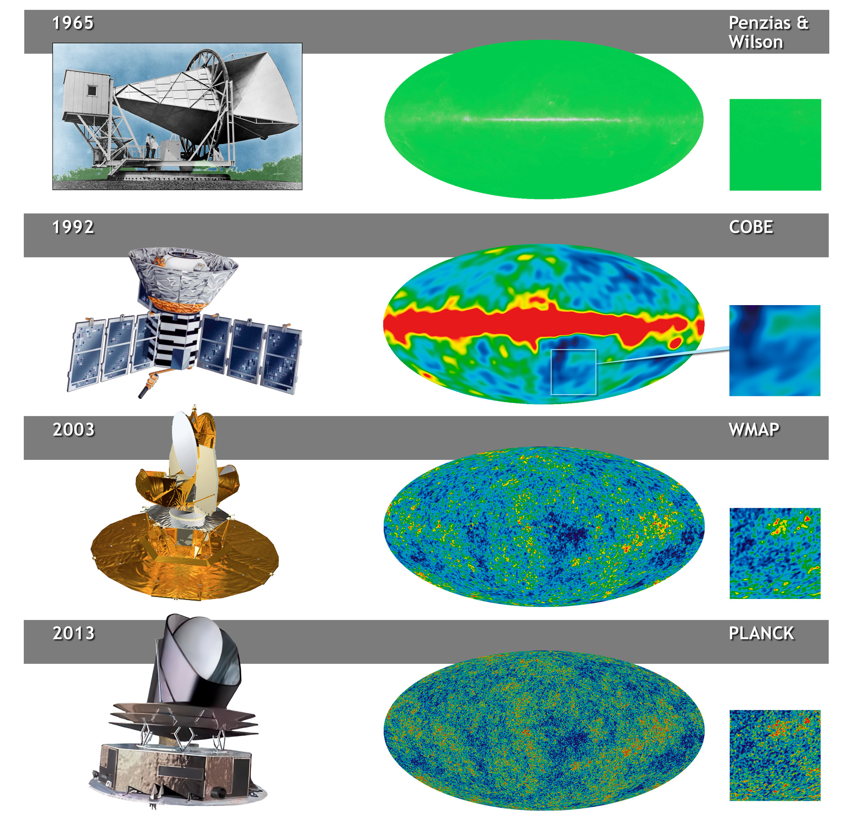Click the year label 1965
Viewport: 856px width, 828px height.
[x=73, y=23]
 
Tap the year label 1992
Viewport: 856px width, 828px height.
[x=73, y=227]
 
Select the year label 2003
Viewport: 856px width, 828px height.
[x=74, y=430]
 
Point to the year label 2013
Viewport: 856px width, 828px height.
[x=74, y=633]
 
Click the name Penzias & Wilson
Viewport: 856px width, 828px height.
[x=769, y=33]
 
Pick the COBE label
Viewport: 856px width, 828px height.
[x=751, y=227]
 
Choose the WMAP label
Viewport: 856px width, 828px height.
[x=754, y=430]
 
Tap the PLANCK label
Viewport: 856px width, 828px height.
[x=761, y=633]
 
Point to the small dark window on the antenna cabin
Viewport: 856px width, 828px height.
[x=92, y=90]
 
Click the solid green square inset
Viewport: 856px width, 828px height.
[x=775, y=145]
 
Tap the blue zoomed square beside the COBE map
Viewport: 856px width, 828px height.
[x=775, y=351]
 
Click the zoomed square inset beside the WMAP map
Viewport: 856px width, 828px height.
[x=775, y=553]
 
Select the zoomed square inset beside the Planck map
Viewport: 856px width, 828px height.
[x=775, y=756]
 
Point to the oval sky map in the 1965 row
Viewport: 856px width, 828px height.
[x=544, y=120]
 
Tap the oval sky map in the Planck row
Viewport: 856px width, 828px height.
[x=544, y=731]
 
